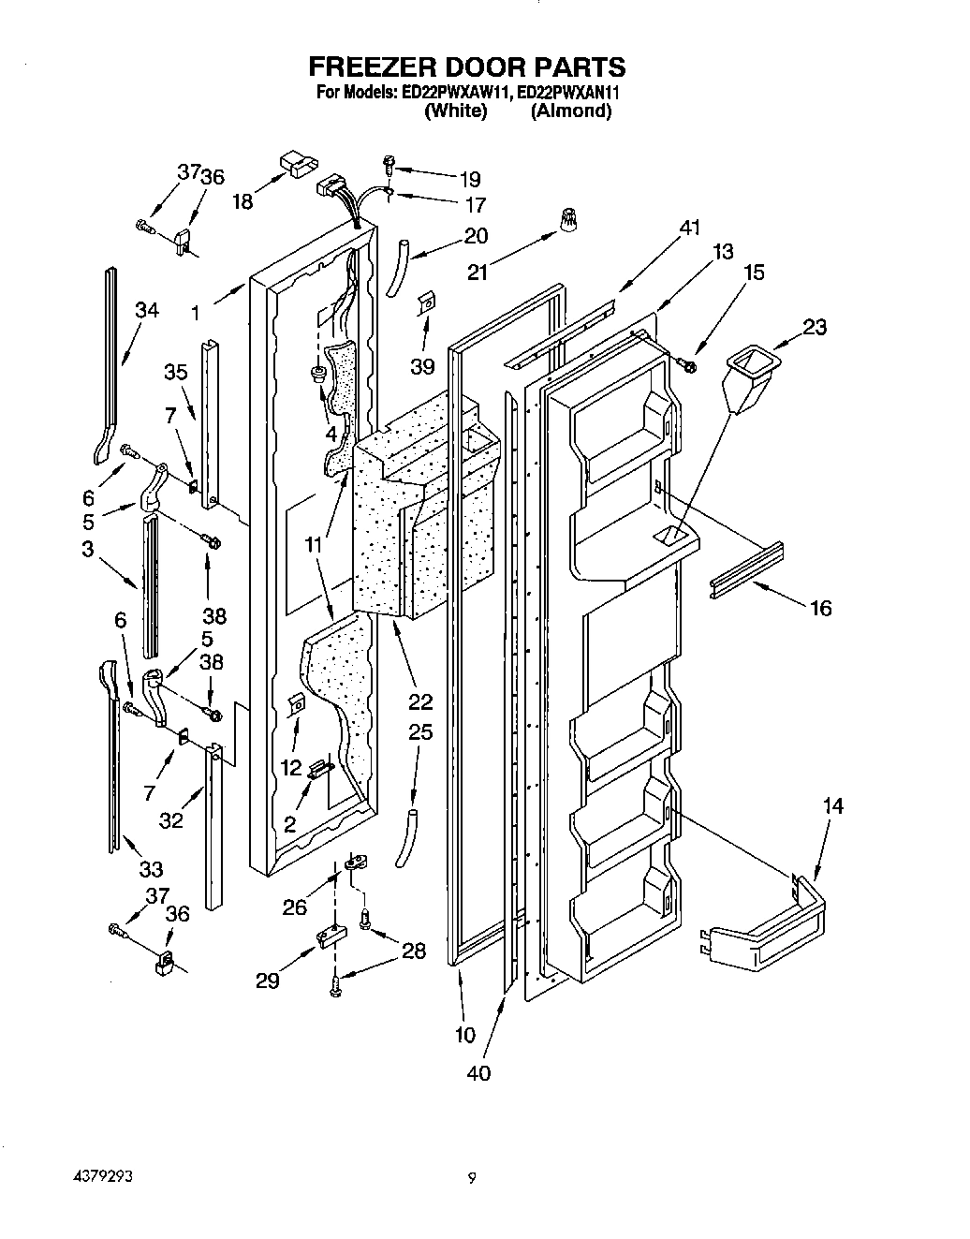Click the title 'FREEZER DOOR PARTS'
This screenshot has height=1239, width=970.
tap(466, 66)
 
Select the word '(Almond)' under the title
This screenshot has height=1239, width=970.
tap(571, 111)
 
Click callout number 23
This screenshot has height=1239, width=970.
tap(815, 327)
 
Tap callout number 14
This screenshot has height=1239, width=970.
tap(832, 805)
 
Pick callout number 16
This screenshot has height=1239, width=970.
tap(820, 609)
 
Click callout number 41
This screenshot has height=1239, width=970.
tap(689, 228)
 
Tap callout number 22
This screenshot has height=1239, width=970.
tap(420, 702)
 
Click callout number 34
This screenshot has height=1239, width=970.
tap(147, 310)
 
